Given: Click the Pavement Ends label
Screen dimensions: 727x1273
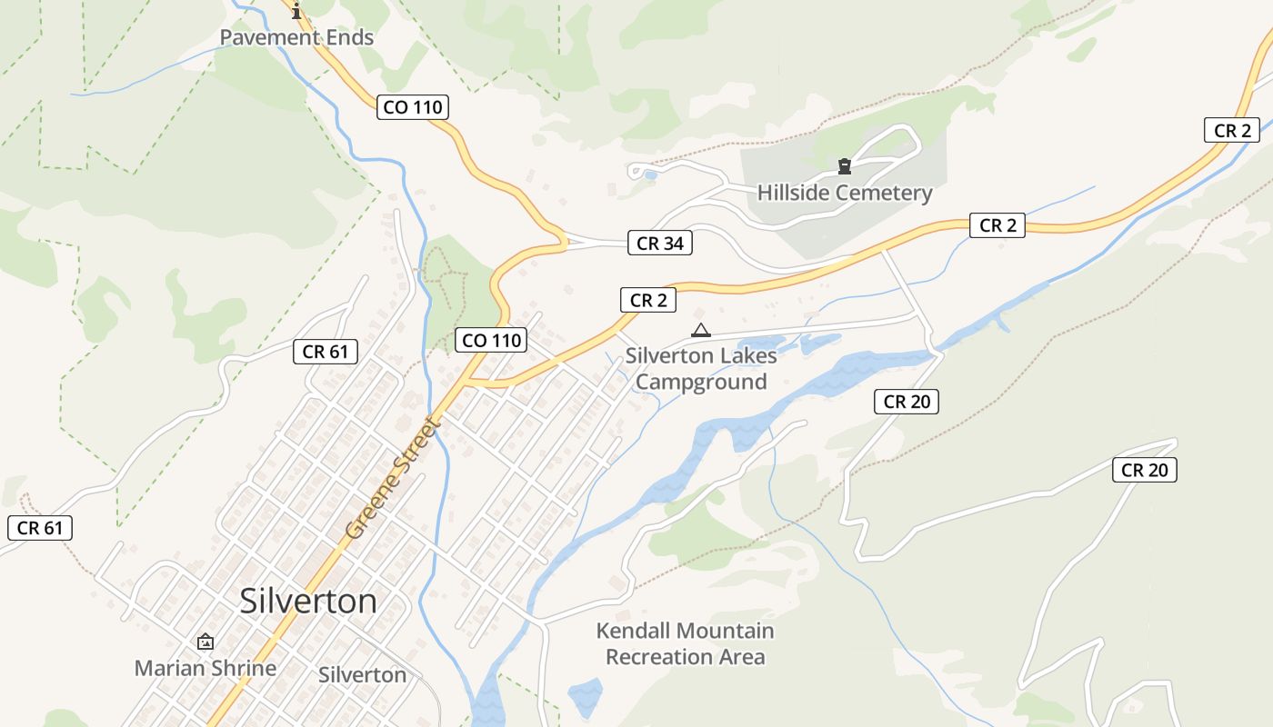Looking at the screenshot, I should (x=297, y=38).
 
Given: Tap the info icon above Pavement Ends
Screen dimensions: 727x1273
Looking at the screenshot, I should (x=296, y=11).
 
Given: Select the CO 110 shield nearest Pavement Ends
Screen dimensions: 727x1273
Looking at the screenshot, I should (x=413, y=107).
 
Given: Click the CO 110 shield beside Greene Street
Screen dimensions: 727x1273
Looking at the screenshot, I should (x=492, y=341).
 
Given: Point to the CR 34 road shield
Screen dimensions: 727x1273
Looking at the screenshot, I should (x=660, y=243).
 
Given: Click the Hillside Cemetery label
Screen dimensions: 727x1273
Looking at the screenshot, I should (x=845, y=193).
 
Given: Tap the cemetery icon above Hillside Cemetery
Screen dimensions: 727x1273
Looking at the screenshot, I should (x=845, y=166).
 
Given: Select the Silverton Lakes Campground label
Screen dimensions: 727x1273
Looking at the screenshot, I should (x=700, y=368).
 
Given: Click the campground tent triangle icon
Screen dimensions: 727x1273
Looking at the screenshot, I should (x=700, y=330).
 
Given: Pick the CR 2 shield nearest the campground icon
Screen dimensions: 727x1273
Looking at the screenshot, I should (x=649, y=301).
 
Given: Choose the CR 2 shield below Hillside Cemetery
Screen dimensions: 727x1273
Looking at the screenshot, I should (x=997, y=225).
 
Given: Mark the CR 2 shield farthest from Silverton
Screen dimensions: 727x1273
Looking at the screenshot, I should (x=1232, y=130).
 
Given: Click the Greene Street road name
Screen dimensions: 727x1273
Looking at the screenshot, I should (x=394, y=477).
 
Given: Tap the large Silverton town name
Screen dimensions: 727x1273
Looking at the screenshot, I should (x=308, y=602).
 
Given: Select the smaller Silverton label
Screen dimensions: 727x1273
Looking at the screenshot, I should (x=363, y=674).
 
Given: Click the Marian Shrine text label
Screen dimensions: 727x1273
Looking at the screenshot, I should (x=205, y=668).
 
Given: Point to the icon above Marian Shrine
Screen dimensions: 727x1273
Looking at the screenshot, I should (x=205, y=642).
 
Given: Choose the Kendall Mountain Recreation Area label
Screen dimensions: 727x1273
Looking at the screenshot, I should (x=686, y=643).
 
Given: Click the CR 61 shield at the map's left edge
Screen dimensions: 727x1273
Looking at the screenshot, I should (x=40, y=528).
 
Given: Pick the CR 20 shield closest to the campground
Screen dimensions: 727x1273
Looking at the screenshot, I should (x=907, y=401).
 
